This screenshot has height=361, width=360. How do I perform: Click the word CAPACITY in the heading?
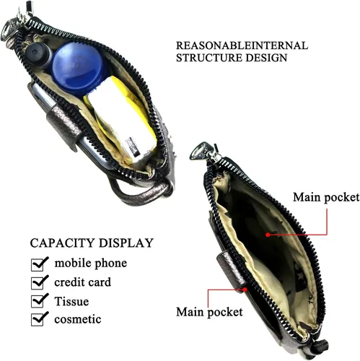coord(63,243)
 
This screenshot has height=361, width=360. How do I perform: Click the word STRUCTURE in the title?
coord(209,58)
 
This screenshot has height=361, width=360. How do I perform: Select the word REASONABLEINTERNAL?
coord(242,45)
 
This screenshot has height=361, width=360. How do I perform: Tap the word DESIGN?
coord(266,58)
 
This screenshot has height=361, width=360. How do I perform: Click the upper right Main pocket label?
coord(326,197)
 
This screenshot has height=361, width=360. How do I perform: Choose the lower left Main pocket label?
coord(209,312)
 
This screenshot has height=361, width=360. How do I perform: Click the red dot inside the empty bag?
coord(268,235)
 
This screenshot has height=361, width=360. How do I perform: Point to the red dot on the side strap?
coord(245,290)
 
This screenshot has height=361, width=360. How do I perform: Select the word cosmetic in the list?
coord(78,319)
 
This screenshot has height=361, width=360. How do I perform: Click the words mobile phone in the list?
coord(91,263)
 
